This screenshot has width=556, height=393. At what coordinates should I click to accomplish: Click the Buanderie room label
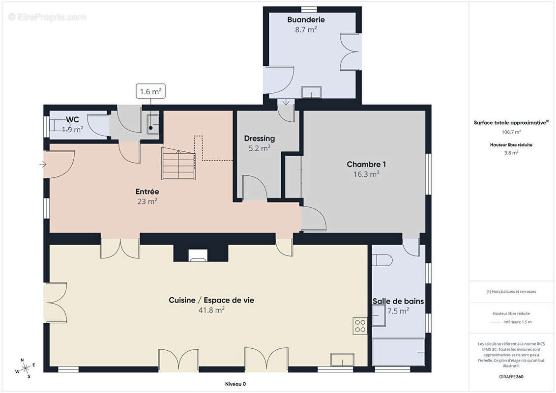[306, 20]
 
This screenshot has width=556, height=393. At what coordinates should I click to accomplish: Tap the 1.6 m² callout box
[151, 91]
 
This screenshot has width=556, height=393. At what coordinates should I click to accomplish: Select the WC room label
[72, 119]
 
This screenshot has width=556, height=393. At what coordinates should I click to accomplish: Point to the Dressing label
[259, 139]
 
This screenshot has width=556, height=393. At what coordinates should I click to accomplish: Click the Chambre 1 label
[366, 165]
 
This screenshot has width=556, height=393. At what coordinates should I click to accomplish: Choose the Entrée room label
[147, 192]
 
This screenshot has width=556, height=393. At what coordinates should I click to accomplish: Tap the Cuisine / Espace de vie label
[211, 300]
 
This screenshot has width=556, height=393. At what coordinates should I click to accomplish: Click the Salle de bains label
[398, 301]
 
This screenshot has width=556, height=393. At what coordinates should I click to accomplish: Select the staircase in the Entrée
[178, 164]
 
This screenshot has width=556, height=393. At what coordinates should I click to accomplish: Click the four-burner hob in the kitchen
[360, 326]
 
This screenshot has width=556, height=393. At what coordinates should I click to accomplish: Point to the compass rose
[25, 368]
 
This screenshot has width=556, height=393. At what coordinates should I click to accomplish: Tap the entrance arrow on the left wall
[43, 165]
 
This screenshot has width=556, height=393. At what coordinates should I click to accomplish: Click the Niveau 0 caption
[235, 384]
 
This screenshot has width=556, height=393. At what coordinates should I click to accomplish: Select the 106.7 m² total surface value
[511, 132]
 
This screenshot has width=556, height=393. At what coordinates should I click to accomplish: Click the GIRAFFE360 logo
[511, 377]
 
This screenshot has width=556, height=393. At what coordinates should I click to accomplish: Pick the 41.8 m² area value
[211, 310]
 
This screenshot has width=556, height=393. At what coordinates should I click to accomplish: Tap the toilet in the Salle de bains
[382, 260]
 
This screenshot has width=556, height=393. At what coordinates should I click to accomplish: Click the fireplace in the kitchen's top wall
[198, 255]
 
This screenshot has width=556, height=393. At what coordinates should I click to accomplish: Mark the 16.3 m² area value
[366, 174]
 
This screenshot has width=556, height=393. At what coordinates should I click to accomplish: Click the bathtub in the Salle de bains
[399, 352]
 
